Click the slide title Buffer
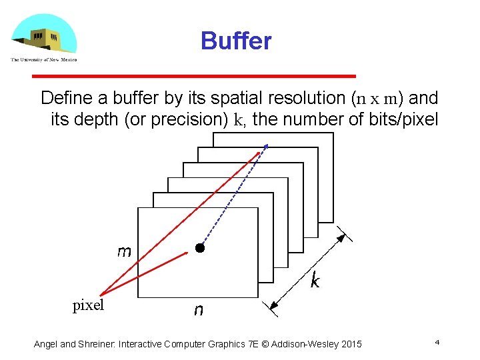point(236,41)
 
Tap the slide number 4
point(437,342)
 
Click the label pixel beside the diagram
point(89,305)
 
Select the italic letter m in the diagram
point(124,251)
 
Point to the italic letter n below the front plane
point(198,310)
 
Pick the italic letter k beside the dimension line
point(315,281)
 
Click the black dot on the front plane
point(199,249)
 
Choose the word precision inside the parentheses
point(188,121)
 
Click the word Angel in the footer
point(46,344)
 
